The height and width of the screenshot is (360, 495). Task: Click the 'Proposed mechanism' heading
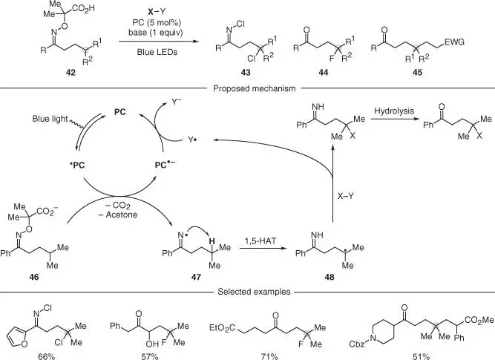pos(248,88)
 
